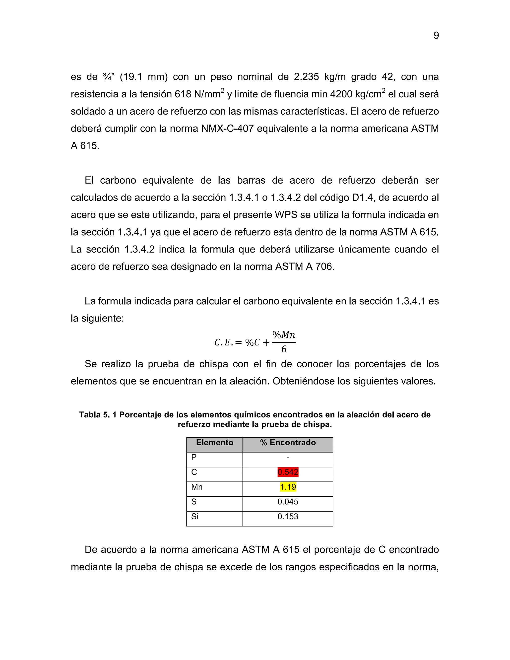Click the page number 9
436,36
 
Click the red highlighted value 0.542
288,472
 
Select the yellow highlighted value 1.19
288,487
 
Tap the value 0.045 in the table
288,502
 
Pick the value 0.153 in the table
288,517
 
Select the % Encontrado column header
288,443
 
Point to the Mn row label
197,487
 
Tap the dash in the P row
288,458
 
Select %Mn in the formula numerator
284,335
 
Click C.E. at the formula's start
224,342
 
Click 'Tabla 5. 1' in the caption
98,415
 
